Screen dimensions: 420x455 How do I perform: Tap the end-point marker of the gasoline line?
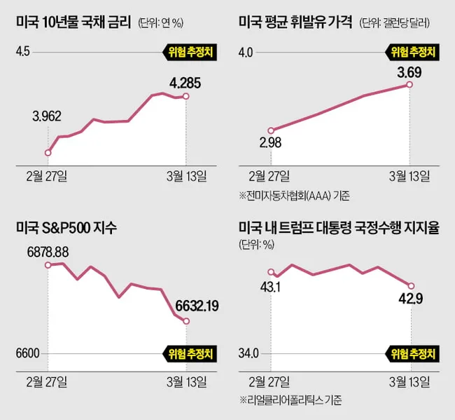(409, 85)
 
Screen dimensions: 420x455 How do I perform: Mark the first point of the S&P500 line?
(48, 265)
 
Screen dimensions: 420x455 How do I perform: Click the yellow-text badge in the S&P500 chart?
(190, 353)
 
